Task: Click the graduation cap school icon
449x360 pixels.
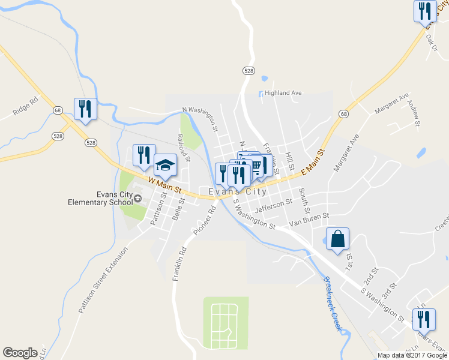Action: tap(166, 164)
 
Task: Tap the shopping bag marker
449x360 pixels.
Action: tap(338, 238)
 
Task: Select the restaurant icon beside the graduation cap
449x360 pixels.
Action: tap(144, 155)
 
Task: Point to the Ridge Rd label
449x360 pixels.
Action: tap(25, 106)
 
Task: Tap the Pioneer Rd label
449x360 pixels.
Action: tap(205, 220)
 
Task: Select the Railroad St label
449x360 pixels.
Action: tap(184, 148)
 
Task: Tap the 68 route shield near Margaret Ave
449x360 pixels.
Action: tap(343, 114)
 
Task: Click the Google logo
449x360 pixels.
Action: tap(20, 353)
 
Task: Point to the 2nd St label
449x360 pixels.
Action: tap(372, 278)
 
